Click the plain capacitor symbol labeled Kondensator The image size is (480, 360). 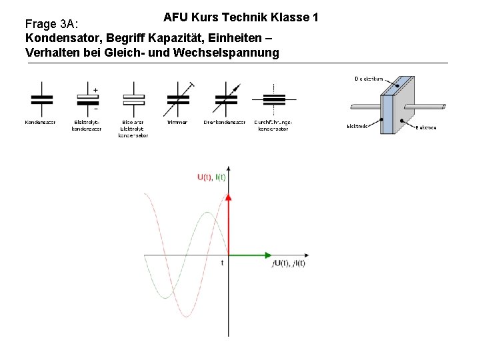pyautogui.click(x=41, y=99)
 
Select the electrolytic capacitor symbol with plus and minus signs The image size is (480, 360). pyautogui.click(x=87, y=99)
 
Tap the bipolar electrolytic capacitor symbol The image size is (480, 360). pyautogui.click(x=133, y=99)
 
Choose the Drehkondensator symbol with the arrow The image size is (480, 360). pyautogui.click(x=225, y=99)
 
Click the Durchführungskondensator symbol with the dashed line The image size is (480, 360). pyautogui.click(x=273, y=99)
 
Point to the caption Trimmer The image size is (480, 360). pyautogui.click(x=177, y=123)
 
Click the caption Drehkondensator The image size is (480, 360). pyautogui.click(x=225, y=123)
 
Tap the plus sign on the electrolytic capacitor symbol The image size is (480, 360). pyautogui.click(x=95, y=89)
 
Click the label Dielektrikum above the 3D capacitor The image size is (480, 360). pyautogui.click(x=369, y=79)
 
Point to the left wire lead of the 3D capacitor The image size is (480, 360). pyautogui.click(x=365, y=107)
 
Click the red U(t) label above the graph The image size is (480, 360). pyautogui.click(x=205, y=177)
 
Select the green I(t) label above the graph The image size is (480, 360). pyautogui.click(x=220, y=177)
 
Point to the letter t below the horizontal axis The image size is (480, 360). pyautogui.click(x=223, y=263)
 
